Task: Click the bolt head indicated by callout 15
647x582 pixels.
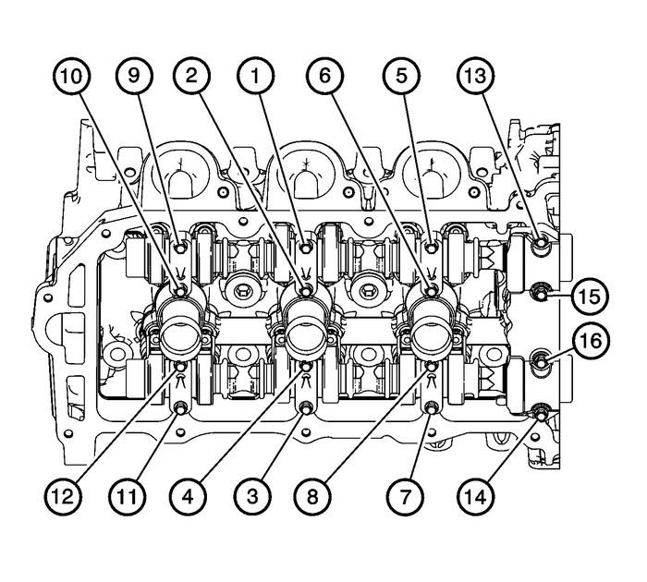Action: pos(542,294)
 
